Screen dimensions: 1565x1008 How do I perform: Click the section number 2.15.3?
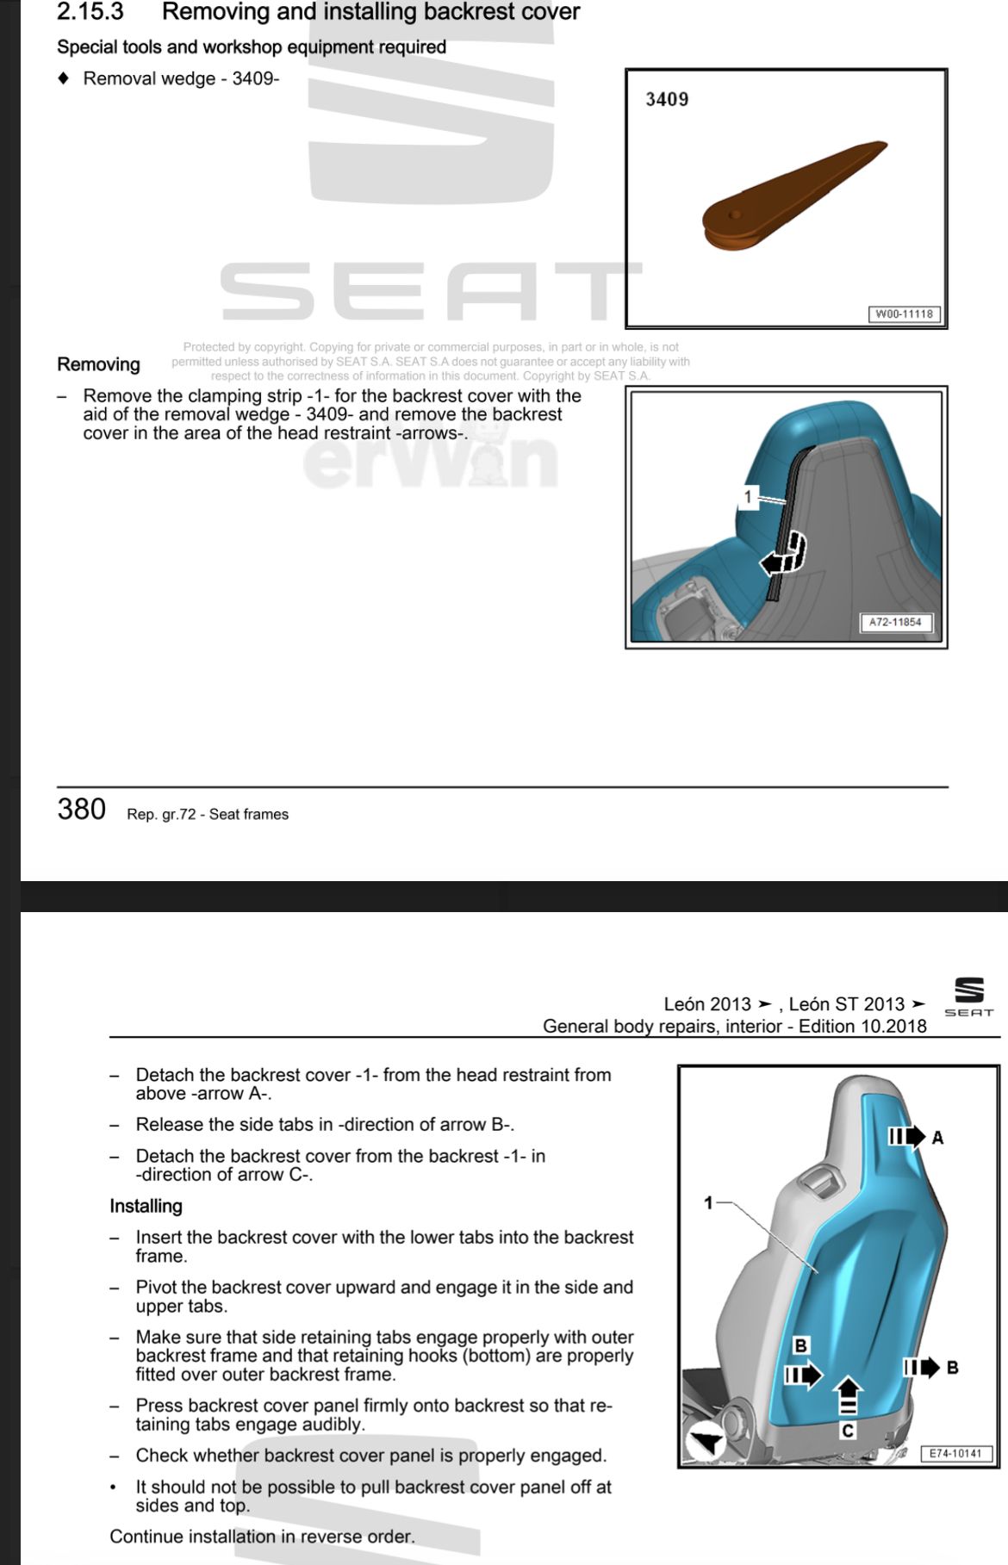click(x=90, y=12)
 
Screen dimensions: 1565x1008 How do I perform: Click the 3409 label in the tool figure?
click(x=667, y=99)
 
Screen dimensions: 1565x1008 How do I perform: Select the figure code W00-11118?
click(x=903, y=314)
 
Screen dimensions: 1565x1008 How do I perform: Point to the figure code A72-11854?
click(x=895, y=622)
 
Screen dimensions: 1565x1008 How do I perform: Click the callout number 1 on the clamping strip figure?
click(x=748, y=497)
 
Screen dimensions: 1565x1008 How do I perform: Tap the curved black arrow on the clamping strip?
click(x=785, y=556)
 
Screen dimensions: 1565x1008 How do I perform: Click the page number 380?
click(x=82, y=810)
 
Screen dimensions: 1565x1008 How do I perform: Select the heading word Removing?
click(x=98, y=364)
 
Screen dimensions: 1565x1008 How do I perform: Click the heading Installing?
click(x=146, y=1206)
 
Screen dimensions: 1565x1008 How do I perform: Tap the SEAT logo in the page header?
click(x=969, y=997)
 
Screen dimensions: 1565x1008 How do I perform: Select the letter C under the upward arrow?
click(x=848, y=1431)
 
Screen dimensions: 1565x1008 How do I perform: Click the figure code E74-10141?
click(x=955, y=1453)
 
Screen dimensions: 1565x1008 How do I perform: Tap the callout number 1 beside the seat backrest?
click(x=708, y=1202)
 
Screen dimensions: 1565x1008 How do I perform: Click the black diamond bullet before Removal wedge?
click(x=63, y=78)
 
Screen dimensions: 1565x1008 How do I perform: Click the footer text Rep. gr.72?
click(x=161, y=815)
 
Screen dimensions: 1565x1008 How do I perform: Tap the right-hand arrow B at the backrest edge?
click(x=921, y=1367)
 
